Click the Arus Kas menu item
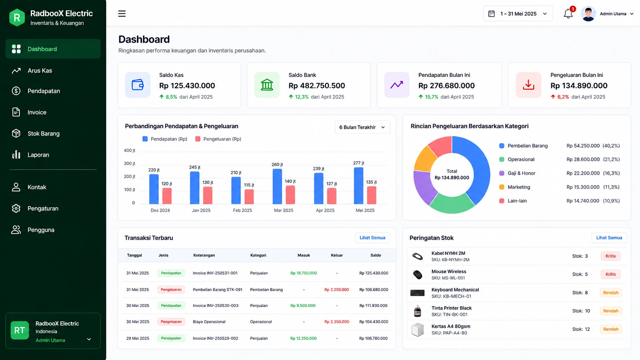click(39, 70)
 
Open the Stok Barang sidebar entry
click(43, 134)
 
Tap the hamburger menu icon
click(122, 14)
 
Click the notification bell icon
click(568, 14)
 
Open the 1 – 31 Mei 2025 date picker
click(518, 14)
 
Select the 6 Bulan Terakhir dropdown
click(362, 127)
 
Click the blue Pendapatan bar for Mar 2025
click(277, 186)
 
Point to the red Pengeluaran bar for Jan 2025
click(208, 195)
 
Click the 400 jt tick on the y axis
click(129, 150)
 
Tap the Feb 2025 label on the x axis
click(242, 210)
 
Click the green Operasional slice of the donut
click(451, 203)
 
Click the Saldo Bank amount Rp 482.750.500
click(317, 86)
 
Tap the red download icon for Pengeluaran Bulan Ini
click(528, 85)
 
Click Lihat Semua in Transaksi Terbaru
click(372, 238)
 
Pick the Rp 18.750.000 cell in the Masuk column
click(304, 273)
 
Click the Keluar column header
click(337, 255)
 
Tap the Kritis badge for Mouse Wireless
click(611, 274)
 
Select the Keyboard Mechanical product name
click(455, 290)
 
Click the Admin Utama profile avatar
click(588, 14)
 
